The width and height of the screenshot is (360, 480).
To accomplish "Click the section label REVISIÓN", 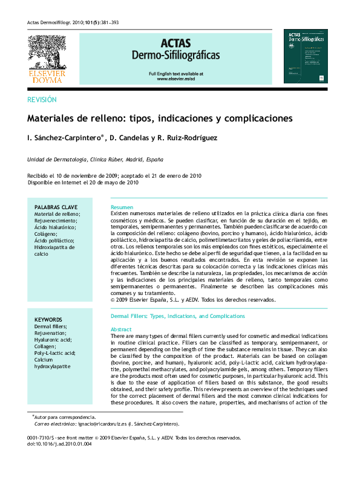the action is pyautogui.click(x=42, y=100).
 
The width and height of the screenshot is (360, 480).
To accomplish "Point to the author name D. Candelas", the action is pyautogui.click(x=128, y=138).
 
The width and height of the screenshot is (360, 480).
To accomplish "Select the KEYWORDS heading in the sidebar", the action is pyautogui.click(x=48, y=319).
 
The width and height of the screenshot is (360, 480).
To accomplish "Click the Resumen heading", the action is pyautogui.click(x=122, y=207).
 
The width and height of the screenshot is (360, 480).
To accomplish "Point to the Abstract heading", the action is pyautogui.click(x=121, y=329).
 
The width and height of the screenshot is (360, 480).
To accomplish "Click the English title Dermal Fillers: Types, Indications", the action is pyautogui.click(x=178, y=316).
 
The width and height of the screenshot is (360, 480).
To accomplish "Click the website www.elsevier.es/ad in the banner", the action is pyautogui.click(x=175, y=79).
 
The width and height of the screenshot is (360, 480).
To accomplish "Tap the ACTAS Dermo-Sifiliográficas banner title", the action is pyautogui.click(x=175, y=50).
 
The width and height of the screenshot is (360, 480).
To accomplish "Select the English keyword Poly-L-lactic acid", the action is pyautogui.click(x=55, y=353).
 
